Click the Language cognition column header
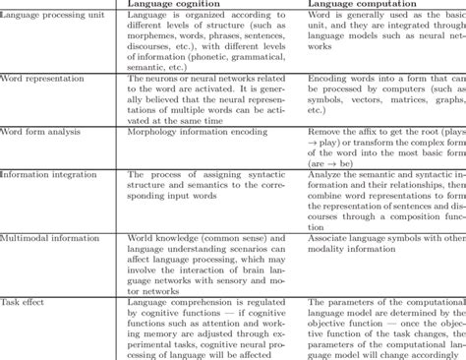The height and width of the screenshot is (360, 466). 178,5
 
